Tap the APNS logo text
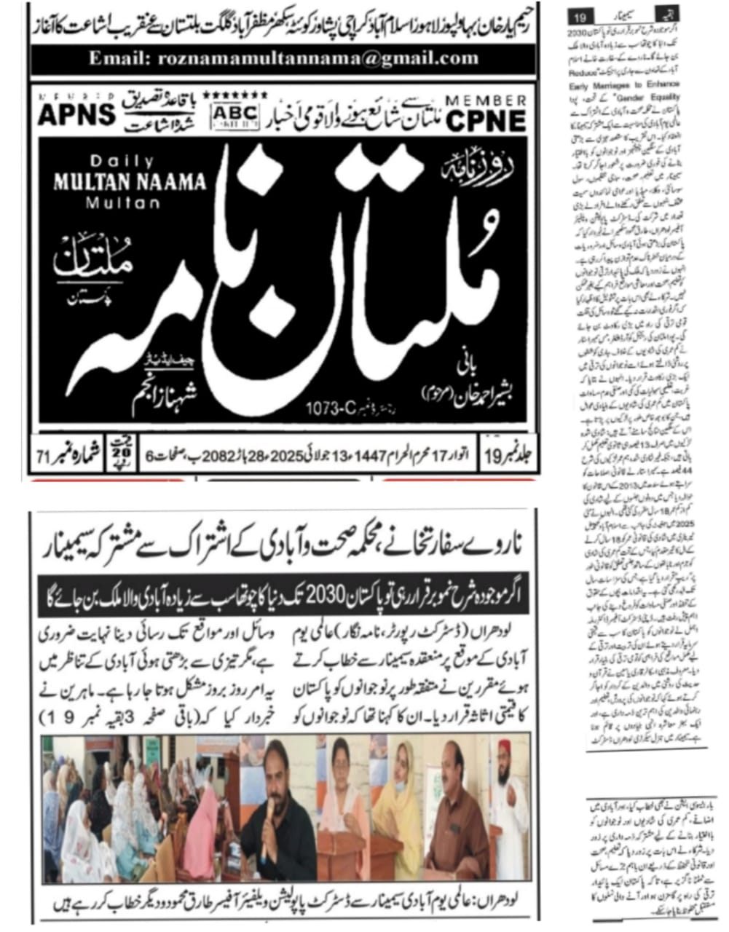(76, 115)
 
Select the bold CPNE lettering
(485, 120)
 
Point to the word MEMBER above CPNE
(485, 100)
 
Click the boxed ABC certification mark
(233, 114)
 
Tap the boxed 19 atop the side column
(585, 15)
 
